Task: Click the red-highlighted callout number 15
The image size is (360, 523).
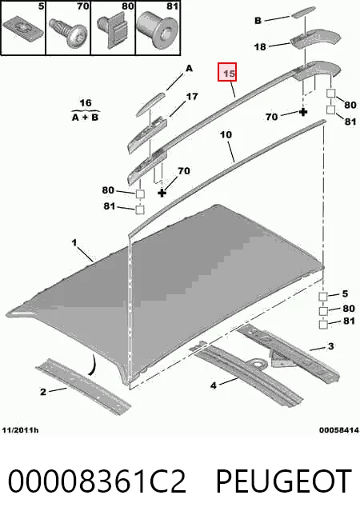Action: tap(227, 72)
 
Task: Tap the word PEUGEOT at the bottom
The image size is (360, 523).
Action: tap(283, 481)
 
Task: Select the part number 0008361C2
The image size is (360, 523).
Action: tap(97, 481)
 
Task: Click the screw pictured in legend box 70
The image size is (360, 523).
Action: tap(68, 33)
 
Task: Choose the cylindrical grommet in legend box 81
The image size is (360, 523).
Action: tap(158, 29)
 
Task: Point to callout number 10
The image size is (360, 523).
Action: tap(226, 135)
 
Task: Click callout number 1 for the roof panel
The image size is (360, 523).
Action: tap(74, 242)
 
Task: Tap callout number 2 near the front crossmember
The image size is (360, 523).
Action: tap(43, 392)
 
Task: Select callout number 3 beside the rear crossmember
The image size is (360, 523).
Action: tap(330, 346)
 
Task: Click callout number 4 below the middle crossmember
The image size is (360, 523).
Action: tap(214, 385)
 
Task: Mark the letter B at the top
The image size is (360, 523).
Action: tap(258, 21)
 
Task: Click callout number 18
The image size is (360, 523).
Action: tap(260, 46)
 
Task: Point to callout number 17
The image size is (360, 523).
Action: tap(192, 97)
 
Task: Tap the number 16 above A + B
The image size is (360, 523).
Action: tap(86, 102)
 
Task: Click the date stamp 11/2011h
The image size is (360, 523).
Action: tap(20, 430)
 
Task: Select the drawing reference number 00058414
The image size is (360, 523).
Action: tap(339, 430)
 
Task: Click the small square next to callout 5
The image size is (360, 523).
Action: tap(323, 296)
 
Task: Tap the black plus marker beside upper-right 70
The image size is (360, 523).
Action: tap(303, 112)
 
